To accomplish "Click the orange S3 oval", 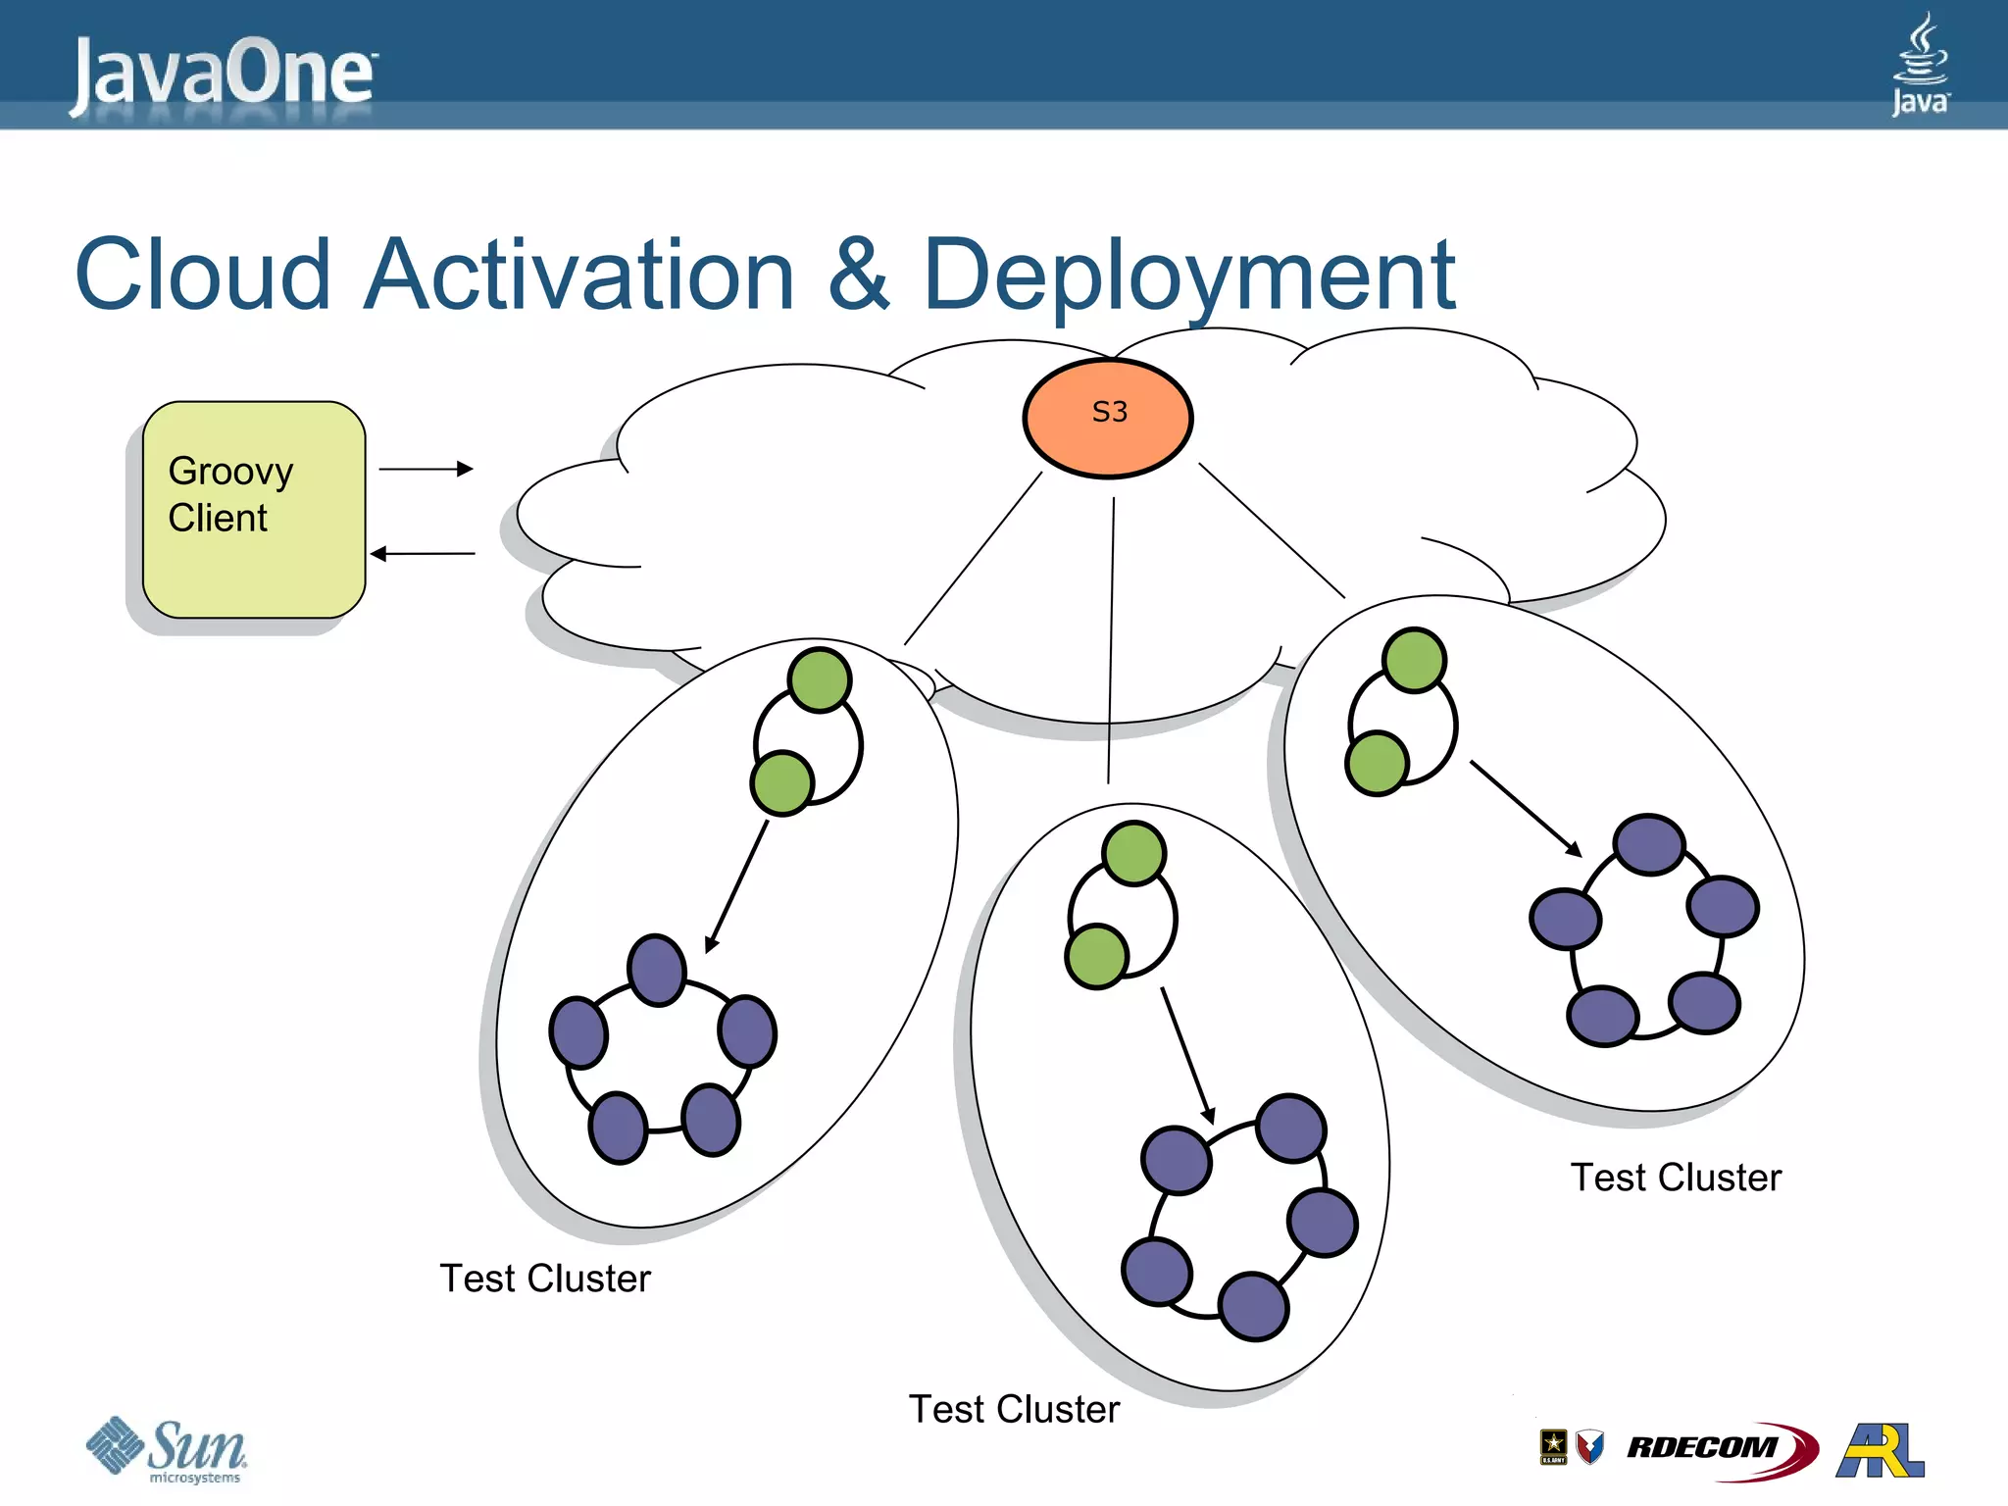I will (1108, 419).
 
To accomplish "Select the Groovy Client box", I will (254, 510).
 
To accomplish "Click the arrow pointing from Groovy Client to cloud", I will (426, 470).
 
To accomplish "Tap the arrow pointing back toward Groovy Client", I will (423, 554).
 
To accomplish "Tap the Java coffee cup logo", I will (1920, 64).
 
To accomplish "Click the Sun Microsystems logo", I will (167, 1450).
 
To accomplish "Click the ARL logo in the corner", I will (1881, 1450).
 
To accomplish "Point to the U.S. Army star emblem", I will (1553, 1446).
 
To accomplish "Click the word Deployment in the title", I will (1188, 276).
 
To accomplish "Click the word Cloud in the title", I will (203, 276).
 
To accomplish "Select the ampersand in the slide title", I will (858, 276).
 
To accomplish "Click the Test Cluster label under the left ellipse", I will (545, 1279).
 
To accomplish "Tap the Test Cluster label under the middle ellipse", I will (1014, 1409).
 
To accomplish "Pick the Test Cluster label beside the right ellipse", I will (1676, 1178).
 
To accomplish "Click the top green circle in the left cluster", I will (820, 679).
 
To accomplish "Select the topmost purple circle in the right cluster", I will (1649, 844).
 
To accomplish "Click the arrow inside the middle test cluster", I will (1187, 1055).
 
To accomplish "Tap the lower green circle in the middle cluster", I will (1096, 956).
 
